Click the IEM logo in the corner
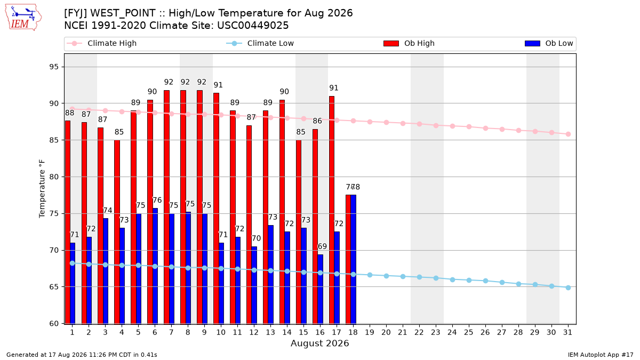tap(23, 18)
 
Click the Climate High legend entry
tap(101, 43)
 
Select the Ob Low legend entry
tap(549, 43)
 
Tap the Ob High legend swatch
tap(391, 43)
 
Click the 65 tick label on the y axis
tap(54, 287)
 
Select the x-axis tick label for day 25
tap(469, 332)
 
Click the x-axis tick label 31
tap(567, 332)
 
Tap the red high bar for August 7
tap(166, 207)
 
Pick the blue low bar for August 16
tap(321, 289)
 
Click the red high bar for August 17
tap(332, 210)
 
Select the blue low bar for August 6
tap(155, 266)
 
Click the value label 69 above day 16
tap(322, 246)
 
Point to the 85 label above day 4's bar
tap(119, 132)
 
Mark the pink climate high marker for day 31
tap(568, 134)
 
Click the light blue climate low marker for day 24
tap(452, 279)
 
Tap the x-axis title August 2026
tap(319, 343)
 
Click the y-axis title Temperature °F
tap(42, 189)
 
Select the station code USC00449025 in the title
tap(253, 26)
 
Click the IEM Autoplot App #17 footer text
tap(601, 355)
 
